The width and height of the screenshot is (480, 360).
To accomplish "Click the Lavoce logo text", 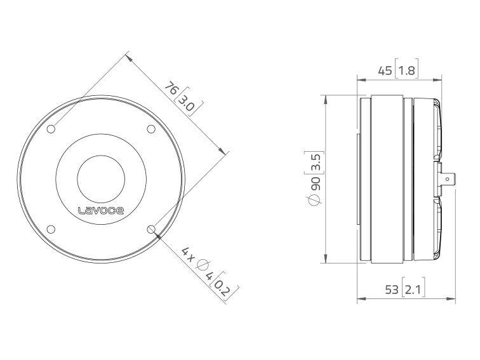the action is tap(101, 211).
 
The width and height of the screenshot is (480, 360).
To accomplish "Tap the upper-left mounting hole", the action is tap(51, 129).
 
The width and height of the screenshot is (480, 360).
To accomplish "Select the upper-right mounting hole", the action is tap(151, 129).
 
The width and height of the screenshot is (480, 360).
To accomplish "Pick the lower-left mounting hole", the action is tap(51, 229).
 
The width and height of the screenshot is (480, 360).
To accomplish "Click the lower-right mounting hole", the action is tap(151, 229).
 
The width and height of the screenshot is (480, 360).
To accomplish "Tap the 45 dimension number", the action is tap(385, 71).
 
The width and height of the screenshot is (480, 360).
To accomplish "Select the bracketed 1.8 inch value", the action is tap(407, 71).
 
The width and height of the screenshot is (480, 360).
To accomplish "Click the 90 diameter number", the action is tap(316, 183).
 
